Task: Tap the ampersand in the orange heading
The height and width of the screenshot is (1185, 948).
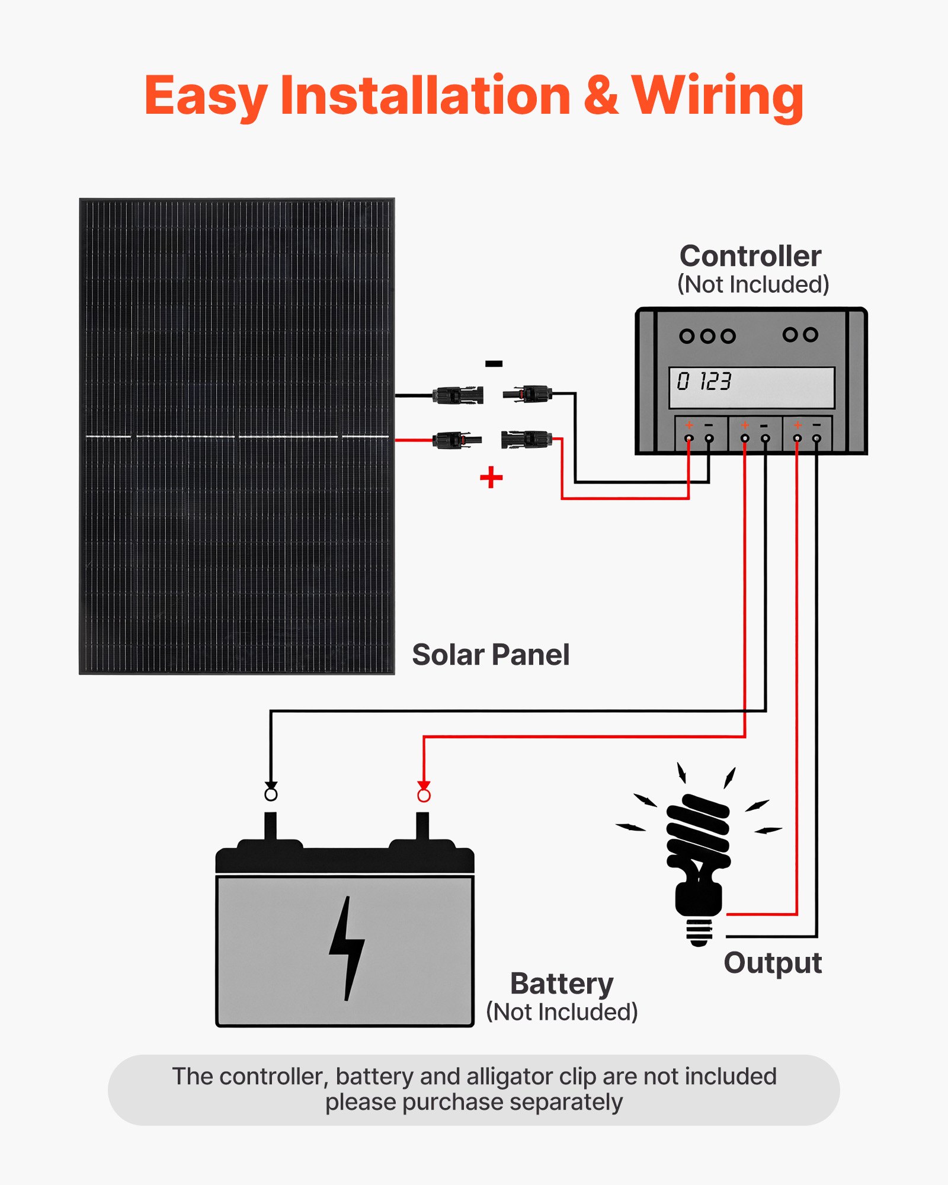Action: [x=600, y=96]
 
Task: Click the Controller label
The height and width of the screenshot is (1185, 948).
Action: [x=750, y=257]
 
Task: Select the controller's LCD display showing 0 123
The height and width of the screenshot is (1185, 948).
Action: [x=751, y=387]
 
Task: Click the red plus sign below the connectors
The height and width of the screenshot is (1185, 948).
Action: [x=491, y=478]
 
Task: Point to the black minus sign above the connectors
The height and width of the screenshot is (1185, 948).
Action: [x=494, y=364]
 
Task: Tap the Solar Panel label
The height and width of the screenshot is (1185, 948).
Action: [x=491, y=655]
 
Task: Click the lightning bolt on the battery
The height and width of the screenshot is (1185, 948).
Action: [x=347, y=948]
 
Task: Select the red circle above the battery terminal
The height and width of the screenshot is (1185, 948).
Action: [x=424, y=795]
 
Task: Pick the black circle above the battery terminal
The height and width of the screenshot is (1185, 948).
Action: [x=271, y=794]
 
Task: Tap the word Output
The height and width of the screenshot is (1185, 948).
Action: [x=773, y=963]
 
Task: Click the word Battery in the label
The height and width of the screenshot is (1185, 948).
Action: [x=562, y=984]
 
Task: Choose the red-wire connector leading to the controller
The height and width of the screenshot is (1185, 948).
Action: [x=526, y=440]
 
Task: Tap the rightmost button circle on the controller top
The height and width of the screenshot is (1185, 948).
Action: [x=811, y=335]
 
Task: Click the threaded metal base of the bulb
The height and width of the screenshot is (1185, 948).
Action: [x=700, y=932]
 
